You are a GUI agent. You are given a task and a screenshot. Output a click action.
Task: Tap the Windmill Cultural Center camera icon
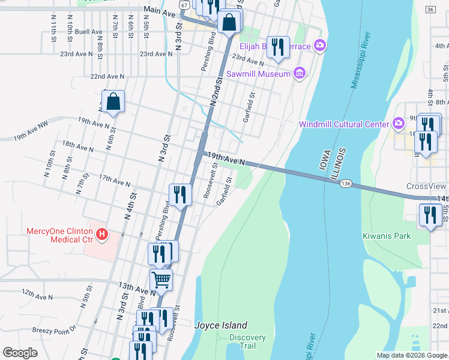[x=398, y=124]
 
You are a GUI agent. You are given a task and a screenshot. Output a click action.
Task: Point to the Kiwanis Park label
[x=387, y=236]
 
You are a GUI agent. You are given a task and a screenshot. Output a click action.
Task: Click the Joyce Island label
[x=213, y=325]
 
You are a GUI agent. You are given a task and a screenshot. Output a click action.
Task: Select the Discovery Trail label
[x=247, y=341]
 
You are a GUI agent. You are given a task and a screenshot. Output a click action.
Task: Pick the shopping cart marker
[x=161, y=279]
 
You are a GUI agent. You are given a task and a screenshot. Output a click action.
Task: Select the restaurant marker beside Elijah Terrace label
[x=277, y=47]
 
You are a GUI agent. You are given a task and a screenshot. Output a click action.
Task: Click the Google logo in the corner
[x=20, y=353]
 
